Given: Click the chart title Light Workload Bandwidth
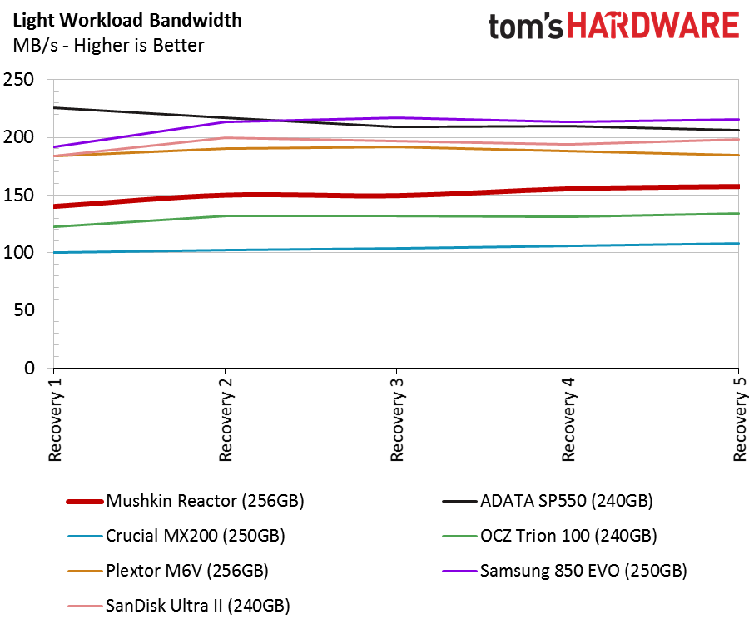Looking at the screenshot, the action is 127,21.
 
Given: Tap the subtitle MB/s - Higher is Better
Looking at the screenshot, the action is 108,46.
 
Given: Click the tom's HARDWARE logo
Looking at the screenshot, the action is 614,26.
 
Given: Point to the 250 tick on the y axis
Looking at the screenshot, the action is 18,79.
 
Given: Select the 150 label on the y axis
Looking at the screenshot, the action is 18,195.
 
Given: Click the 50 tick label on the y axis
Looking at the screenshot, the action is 24,310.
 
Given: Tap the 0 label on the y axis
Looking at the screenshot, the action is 30,368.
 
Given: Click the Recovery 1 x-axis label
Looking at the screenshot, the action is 56,419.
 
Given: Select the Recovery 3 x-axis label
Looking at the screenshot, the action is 398,419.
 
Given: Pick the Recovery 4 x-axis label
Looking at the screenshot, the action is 568,419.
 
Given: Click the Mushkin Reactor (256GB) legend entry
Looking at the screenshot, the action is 186,501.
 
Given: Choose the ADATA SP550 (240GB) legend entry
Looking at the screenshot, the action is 548,501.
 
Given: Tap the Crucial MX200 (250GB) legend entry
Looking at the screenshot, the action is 176,536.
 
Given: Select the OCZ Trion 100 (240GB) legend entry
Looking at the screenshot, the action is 550,536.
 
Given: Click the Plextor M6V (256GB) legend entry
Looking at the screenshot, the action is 168,571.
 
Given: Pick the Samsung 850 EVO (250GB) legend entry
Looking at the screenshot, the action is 564,571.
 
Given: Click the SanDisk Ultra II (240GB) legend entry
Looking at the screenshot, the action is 179,606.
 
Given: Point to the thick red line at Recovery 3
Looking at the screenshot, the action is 396,196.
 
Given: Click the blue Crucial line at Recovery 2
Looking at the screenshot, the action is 225,250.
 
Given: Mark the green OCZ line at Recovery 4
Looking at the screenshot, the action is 568,217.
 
